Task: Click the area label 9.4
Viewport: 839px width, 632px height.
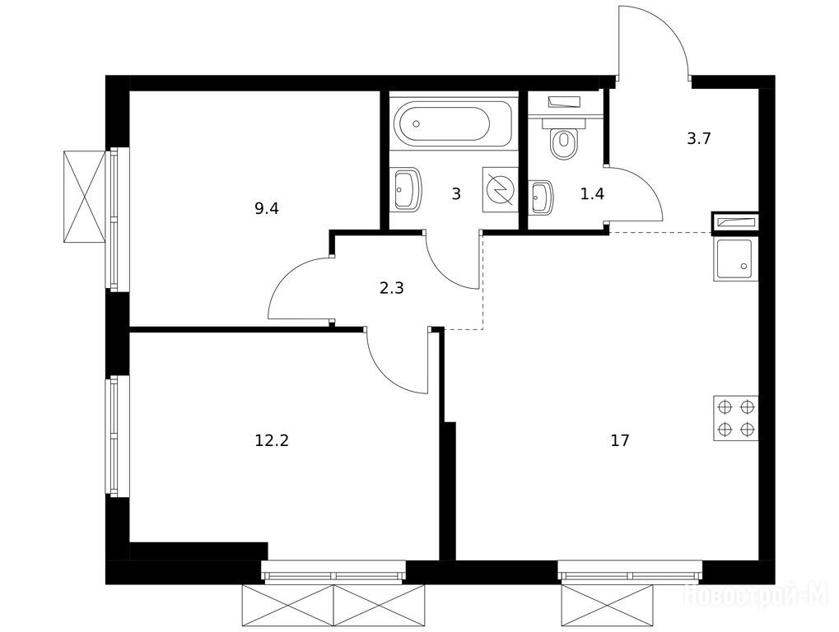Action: [267, 208]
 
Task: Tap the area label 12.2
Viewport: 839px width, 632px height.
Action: [272, 441]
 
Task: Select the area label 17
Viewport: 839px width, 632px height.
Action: [620, 440]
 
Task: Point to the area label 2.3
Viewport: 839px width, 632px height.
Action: [391, 289]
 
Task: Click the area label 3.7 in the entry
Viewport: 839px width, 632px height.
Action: [699, 139]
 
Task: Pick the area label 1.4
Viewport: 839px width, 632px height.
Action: [592, 194]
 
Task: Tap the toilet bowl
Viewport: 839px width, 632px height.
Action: [564, 142]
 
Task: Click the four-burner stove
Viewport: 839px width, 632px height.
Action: [736, 418]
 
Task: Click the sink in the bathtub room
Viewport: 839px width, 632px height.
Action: [408, 190]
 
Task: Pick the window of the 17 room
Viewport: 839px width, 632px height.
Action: [630, 572]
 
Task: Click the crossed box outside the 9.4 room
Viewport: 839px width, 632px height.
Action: [83, 197]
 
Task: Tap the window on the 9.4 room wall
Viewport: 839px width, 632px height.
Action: [117, 219]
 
